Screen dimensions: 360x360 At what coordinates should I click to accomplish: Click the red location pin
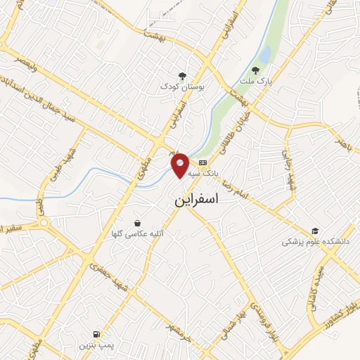[181, 166]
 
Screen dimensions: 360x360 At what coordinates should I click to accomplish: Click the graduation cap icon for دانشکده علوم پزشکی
[316, 231]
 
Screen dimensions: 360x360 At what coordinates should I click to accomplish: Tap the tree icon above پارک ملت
[255, 70]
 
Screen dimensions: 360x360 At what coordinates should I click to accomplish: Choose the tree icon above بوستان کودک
[182, 75]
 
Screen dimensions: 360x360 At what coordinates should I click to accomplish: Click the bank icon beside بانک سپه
[202, 163]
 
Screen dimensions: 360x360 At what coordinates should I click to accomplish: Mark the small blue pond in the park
[264, 53]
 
